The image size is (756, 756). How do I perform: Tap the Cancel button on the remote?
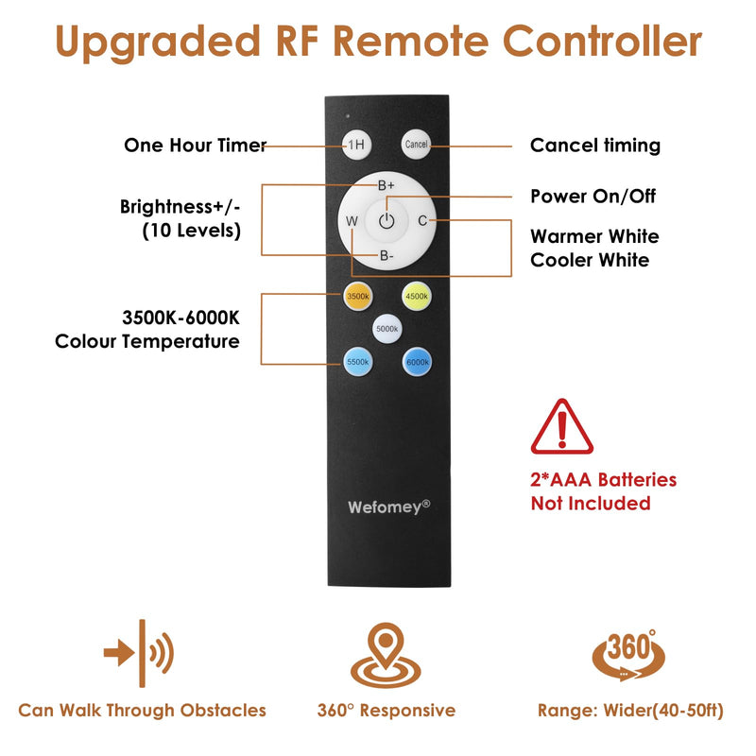[x=416, y=145]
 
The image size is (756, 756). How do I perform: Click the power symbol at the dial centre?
[x=387, y=221]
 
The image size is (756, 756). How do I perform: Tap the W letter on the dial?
[x=352, y=221]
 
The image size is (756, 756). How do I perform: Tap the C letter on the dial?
[x=422, y=221]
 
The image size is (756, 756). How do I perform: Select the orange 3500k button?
[x=358, y=296]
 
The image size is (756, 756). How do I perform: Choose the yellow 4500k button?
[x=417, y=296]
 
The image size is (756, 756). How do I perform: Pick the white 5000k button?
[x=387, y=329]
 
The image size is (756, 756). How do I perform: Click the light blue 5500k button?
[x=358, y=362]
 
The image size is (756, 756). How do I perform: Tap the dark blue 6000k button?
[x=417, y=362]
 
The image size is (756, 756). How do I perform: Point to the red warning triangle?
[x=561, y=427]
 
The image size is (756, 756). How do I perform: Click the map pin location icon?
[x=386, y=655]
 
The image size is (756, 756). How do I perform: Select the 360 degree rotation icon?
[x=628, y=655]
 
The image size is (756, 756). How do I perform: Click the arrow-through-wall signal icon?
[x=139, y=653]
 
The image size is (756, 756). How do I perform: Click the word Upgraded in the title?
[x=158, y=43]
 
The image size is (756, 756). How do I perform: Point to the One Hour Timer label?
[x=196, y=146]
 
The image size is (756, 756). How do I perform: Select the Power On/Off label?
[x=593, y=197]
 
